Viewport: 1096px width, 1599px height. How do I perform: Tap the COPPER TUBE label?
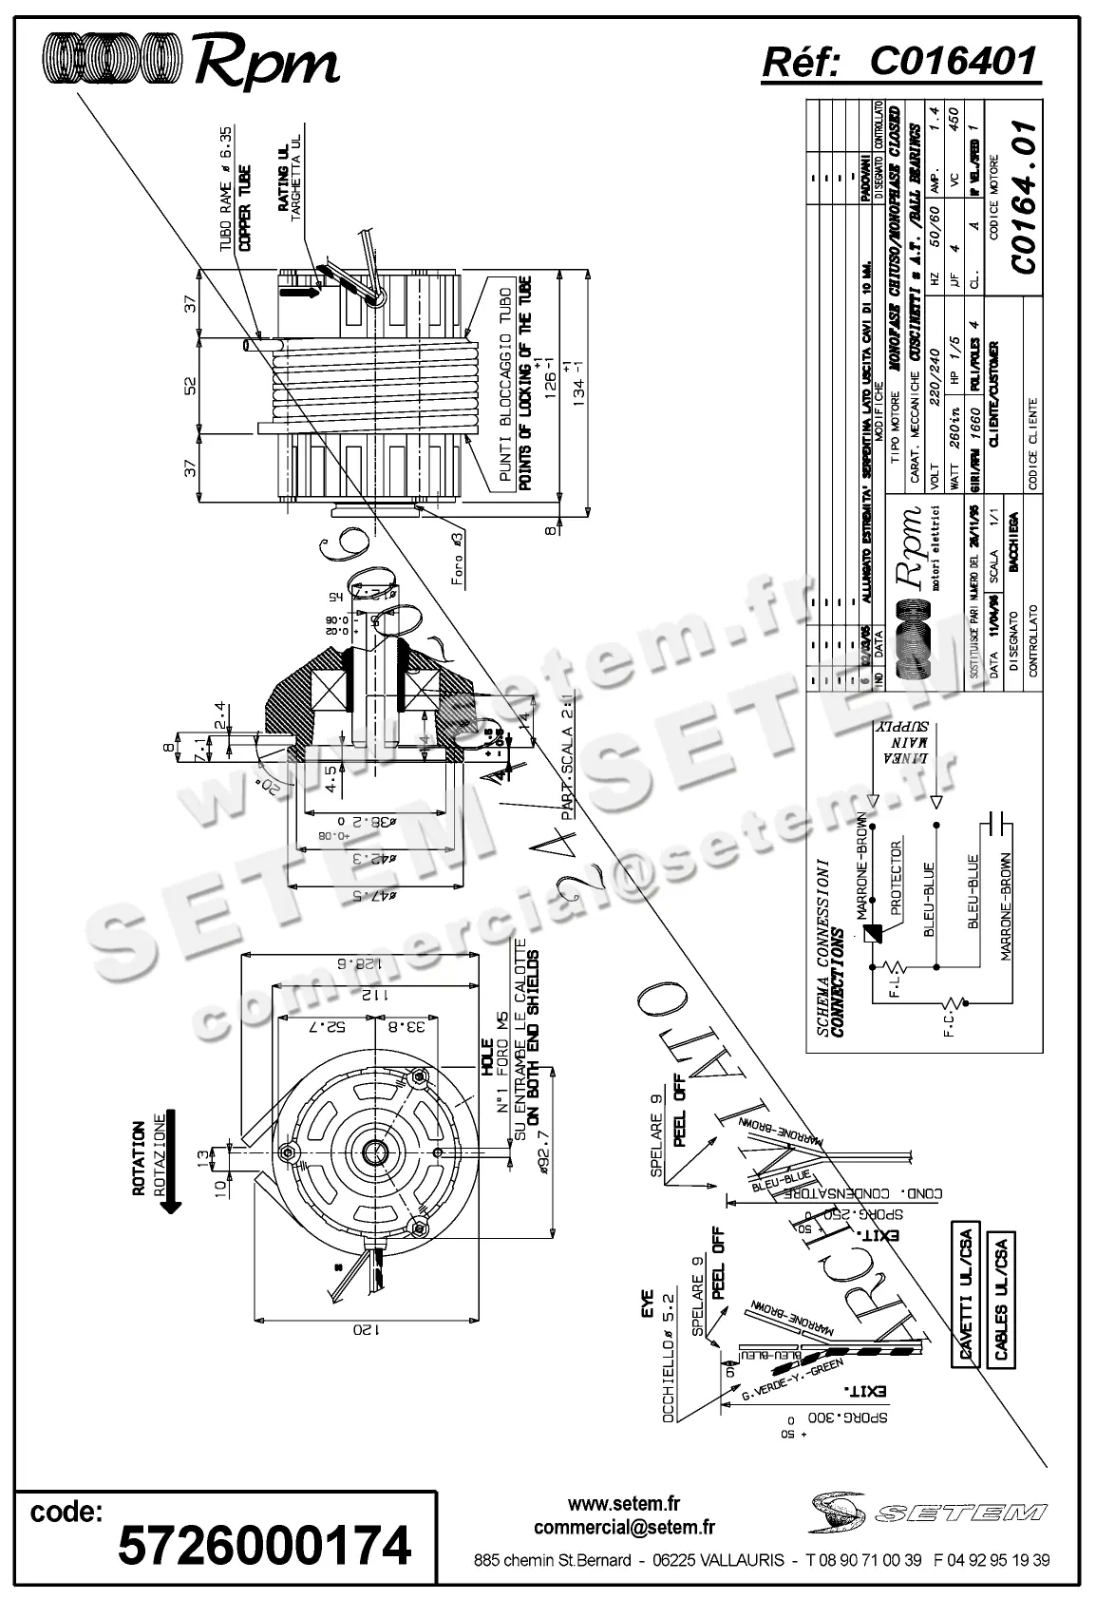point(244,207)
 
